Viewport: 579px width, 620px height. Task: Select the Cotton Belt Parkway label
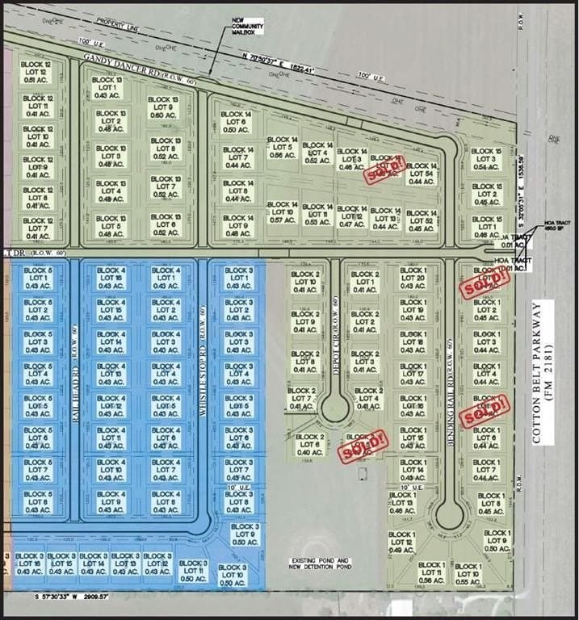539,381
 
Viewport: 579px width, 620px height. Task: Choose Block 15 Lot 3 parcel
486,159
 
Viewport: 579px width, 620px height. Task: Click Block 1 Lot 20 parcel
413,279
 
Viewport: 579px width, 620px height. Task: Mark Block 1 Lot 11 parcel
432,572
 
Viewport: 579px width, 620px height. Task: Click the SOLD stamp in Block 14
385,170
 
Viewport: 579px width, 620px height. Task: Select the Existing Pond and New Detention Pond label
320,563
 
